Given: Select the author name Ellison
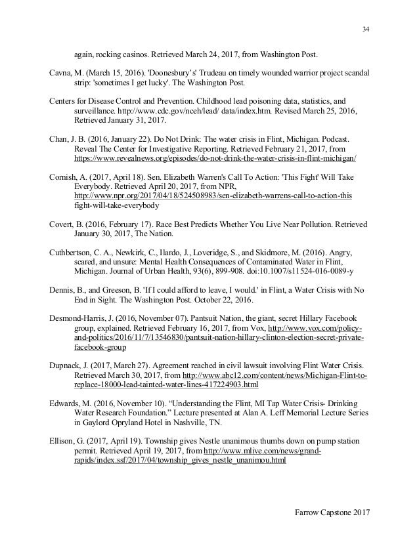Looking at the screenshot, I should coord(63,438).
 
